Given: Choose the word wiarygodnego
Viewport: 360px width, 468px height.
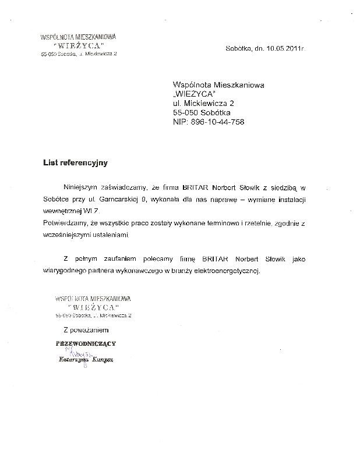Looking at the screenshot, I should click(x=67, y=271).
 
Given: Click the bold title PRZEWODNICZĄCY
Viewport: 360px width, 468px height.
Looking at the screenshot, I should click(x=86, y=343).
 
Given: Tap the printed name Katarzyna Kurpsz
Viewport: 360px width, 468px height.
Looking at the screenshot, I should click(x=85, y=360).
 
